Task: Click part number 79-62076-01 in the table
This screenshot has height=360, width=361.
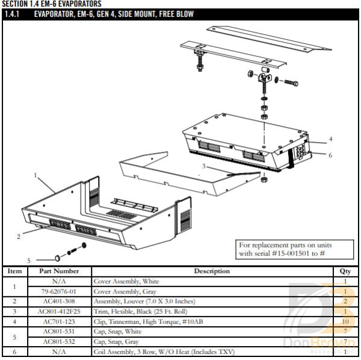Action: pyautogui.click(x=59, y=291)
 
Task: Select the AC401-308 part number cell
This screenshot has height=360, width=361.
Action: pyautogui.click(x=59, y=300)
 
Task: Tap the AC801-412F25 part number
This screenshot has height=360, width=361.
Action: pyautogui.click(x=59, y=311)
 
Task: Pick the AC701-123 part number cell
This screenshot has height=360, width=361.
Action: pyautogui.click(x=59, y=321)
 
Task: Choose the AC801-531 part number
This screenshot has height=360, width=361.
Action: pyautogui.click(x=59, y=331)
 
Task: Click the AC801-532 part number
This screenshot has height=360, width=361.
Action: pyautogui.click(x=59, y=341)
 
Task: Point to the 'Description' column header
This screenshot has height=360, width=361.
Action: pyautogui.click(x=211, y=271)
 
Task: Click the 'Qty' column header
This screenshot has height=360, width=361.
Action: pyautogui.click(x=345, y=271)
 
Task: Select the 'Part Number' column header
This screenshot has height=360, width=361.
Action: pyautogui.click(x=59, y=271)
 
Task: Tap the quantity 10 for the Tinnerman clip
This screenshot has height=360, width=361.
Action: pyautogui.click(x=345, y=321)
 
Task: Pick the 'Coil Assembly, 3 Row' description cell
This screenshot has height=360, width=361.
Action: pyautogui.click(x=162, y=351)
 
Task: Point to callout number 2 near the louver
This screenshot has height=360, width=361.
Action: pyautogui.click(x=19, y=236)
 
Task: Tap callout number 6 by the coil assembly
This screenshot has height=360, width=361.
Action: pyautogui.click(x=330, y=155)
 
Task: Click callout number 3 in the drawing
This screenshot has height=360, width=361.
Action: pyautogui.click(x=204, y=166)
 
